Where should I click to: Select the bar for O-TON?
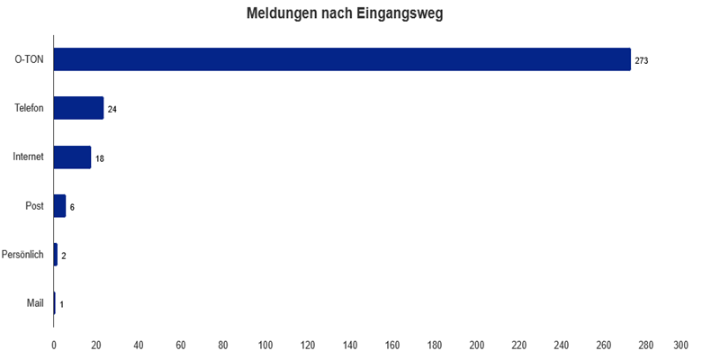tap(342, 59)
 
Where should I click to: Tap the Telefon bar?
tap(78, 108)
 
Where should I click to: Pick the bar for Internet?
tap(72, 157)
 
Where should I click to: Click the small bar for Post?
tap(59, 206)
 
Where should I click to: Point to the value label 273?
tap(642, 60)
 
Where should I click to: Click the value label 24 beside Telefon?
tap(112, 109)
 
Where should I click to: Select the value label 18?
tap(100, 157)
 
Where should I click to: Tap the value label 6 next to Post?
tap(72, 207)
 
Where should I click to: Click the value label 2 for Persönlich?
tap(64, 256)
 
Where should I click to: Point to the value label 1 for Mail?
tap(61, 304)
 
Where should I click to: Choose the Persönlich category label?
tap(23, 255)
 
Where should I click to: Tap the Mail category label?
tap(35, 303)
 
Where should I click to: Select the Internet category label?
tap(28, 157)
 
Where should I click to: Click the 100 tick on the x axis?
tap(265, 345)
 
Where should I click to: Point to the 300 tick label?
tap(681, 345)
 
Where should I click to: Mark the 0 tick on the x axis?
tap(54, 345)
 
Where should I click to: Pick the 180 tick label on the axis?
tap(435, 345)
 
